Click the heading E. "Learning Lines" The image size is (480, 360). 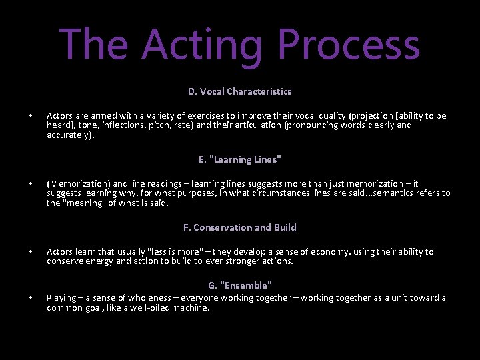[x=240, y=159]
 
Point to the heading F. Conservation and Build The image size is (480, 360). [x=240, y=227]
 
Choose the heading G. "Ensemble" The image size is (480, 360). [x=240, y=285]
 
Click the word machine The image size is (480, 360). [x=190, y=307]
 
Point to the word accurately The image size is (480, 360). [x=69, y=134]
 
